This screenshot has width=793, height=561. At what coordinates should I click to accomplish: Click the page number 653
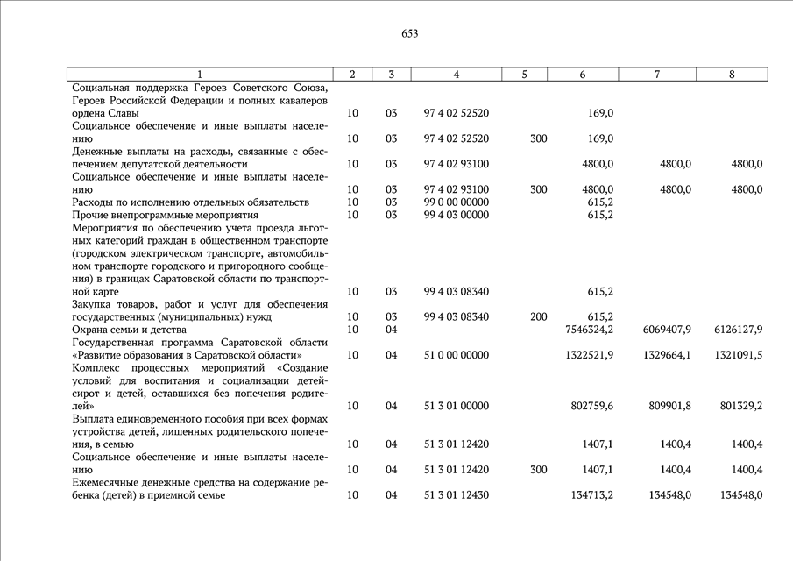pos(409,34)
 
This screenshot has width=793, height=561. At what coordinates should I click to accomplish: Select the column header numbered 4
pos(457,75)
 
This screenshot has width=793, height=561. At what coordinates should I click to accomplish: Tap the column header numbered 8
pos(732,75)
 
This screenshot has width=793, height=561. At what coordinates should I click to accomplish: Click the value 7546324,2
pos(584,330)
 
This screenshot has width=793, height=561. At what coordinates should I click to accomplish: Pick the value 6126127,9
pos(733,330)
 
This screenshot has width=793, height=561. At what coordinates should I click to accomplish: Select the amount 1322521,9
pos(584,355)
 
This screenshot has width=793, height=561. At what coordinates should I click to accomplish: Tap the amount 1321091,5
pos(733,355)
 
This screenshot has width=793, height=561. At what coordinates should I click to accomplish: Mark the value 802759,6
pos(588,406)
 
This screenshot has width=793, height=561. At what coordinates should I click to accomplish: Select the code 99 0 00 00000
pos(456,202)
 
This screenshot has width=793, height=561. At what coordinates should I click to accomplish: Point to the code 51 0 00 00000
pos(456,355)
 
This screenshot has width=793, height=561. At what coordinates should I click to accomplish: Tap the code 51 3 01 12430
pos(456,495)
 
